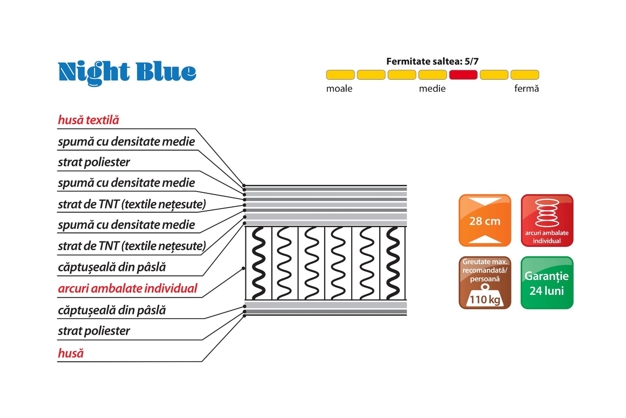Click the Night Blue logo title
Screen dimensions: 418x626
click(127, 72)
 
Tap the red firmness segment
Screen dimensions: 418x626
click(463, 75)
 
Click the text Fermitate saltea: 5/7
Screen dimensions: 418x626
click(432, 61)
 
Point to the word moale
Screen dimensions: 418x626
click(339, 88)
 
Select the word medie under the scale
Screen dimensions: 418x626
click(432, 88)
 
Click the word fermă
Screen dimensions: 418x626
click(526, 88)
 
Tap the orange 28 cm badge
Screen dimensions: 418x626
click(485, 220)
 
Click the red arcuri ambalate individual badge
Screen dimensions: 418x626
click(547, 220)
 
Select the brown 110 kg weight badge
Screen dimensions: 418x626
click(485, 283)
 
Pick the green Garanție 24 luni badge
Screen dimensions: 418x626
click(547, 283)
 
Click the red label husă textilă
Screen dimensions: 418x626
click(88, 120)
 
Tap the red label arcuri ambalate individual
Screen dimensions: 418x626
click(127, 288)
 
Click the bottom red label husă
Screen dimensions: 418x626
click(71, 353)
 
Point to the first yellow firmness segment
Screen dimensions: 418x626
click(340, 75)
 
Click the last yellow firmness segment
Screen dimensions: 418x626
click(525, 75)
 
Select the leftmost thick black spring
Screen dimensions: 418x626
click(259, 263)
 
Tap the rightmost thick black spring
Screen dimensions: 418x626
click(393, 263)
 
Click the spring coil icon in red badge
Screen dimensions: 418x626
click(547, 213)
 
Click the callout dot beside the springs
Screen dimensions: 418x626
click(243, 268)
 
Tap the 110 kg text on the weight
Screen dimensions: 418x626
click(485, 299)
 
